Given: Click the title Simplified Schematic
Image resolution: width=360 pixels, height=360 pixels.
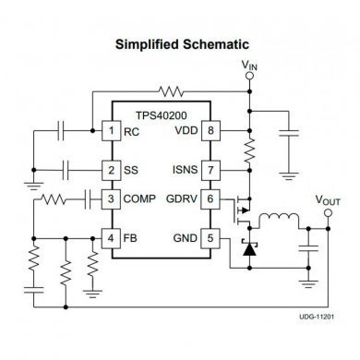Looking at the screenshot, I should [x=179, y=42].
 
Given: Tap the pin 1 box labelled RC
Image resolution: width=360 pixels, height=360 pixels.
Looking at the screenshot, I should [x=112, y=131].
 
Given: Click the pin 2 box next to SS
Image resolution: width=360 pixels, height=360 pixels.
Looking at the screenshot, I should [x=112, y=170].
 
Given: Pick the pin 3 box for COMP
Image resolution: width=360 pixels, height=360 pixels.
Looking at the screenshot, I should [x=112, y=198].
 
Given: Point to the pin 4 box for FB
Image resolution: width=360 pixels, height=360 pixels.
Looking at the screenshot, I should [x=112, y=237].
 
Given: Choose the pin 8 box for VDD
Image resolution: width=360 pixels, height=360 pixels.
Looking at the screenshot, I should [x=211, y=131].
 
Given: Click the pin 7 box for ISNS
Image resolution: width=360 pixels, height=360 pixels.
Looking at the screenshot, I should [x=211, y=170].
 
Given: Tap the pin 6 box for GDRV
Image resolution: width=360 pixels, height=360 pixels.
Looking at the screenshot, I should [x=211, y=198].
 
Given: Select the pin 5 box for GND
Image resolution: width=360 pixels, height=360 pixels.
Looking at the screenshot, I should [x=211, y=237].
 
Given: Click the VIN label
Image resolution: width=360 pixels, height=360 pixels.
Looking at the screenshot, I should [x=249, y=66].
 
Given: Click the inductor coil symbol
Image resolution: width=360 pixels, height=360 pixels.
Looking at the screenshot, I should [x=277, y=221].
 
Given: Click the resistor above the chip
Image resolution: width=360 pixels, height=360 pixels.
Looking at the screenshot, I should [x=172, y=92].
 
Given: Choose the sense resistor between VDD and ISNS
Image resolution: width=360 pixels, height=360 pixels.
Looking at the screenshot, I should [x=248, y=150].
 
